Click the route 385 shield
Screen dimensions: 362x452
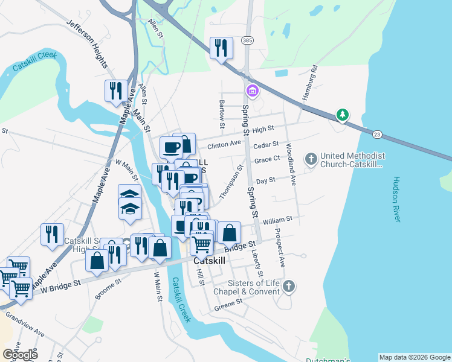pos(247,40)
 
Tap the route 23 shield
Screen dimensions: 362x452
pos(377,133)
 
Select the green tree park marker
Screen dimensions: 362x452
pos(343,114)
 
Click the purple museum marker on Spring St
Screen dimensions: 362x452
pos(252,92)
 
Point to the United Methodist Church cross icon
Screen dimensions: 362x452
pos(311,159)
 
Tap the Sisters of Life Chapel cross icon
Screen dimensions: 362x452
pos(289,287)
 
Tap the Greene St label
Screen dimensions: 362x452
pos(227,307)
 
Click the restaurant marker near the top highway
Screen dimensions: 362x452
pos(221,48)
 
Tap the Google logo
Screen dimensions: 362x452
pos(20,355)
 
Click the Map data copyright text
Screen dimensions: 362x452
pos(415,357)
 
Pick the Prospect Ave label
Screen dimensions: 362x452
pos(280,247)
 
